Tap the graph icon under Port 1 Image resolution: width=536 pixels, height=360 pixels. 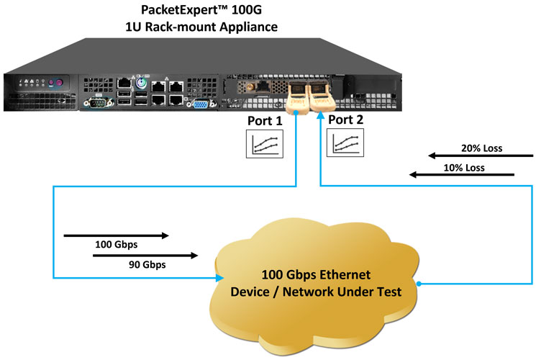[x=265, y=143]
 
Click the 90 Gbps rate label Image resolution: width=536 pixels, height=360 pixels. [x=148, y=265]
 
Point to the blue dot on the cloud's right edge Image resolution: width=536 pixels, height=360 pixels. [x=418, y=284]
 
